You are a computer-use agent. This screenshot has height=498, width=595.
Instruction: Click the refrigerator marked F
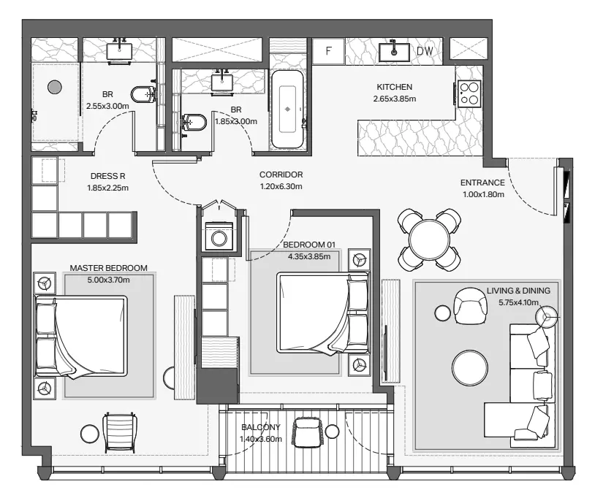328,51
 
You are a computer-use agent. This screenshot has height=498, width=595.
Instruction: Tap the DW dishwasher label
425,51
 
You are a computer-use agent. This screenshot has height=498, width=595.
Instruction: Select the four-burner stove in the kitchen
469,93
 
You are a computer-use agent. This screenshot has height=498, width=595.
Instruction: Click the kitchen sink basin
394,52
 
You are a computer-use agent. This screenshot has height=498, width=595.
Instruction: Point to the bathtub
287,109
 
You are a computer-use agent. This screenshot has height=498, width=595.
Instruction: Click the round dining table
429,240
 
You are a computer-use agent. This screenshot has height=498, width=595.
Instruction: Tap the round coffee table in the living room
470,368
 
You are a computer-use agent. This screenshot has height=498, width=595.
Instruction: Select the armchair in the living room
470,306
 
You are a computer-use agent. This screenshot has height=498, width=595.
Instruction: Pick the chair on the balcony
307,432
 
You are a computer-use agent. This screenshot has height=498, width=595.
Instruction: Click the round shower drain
55,88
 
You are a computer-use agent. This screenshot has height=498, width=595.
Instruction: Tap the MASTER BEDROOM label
108,268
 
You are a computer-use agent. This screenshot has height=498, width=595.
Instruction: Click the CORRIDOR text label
281,175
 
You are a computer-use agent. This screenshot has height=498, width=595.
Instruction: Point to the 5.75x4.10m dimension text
518,302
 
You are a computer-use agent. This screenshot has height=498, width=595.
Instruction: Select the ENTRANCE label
482,183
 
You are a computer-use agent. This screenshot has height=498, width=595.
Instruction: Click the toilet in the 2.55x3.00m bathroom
143,94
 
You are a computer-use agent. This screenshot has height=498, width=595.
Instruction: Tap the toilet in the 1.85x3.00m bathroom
194,123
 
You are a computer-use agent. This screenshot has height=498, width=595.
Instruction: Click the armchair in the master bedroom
120,432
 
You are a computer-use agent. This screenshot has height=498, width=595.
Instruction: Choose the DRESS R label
107,176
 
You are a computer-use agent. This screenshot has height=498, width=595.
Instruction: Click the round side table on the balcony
332,432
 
